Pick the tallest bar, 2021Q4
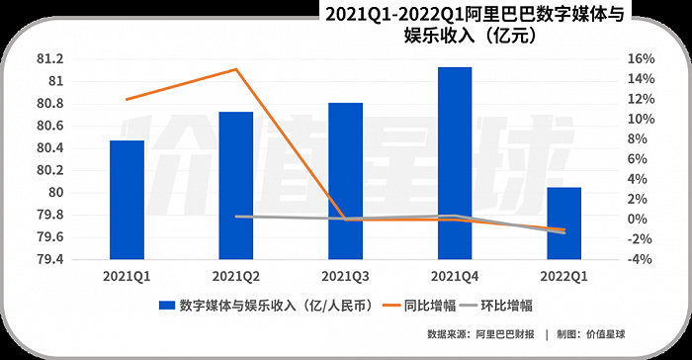tap(455, 163)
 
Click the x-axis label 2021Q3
tap(345, 276)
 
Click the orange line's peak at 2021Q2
tap(235, 69)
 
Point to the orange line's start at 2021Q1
tap(127, 99)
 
